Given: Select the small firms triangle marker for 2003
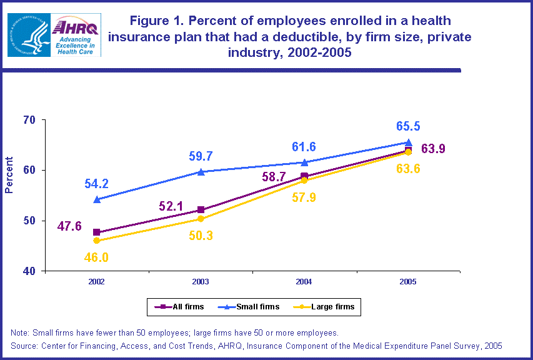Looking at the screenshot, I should click(201, 171).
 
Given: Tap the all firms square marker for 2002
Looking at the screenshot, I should click(97, 232).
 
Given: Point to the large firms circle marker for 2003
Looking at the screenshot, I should click(201, 219).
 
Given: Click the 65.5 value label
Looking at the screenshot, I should click(407, 127).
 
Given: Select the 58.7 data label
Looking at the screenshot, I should click(274, 177).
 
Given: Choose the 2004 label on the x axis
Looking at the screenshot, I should click(304, 282).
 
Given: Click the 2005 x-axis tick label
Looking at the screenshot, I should click(407, 282).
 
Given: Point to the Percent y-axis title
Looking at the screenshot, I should click(9, 175).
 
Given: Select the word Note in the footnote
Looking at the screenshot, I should click(21, 332).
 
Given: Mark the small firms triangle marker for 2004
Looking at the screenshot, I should click(304, 162).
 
